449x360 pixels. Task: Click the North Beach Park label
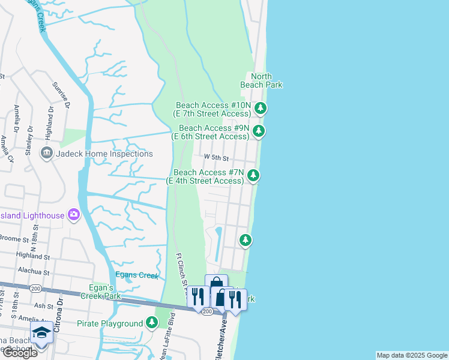(x=261, y=80)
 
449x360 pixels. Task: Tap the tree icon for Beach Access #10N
(x=260, y=109)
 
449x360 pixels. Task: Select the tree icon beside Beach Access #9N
(x=259, y=131)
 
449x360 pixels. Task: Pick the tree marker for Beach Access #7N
(x=254, y=175)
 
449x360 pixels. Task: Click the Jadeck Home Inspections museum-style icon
(x=46, y=154)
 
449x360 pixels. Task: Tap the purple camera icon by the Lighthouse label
(x=74, y=214)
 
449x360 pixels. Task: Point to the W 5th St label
(x=217, y=158)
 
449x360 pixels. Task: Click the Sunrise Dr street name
(x=61, y=96)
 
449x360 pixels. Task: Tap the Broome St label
(x=18, y=239)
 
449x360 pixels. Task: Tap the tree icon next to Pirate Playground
(x=152, y=323)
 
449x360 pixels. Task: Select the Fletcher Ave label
(x=220, y=340)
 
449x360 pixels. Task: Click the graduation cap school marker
(x=41, y=332)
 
